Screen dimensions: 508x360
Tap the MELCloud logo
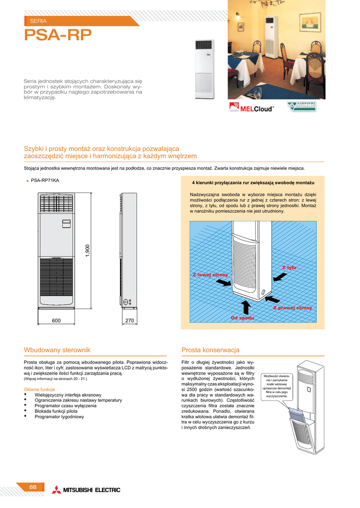pos(252,108)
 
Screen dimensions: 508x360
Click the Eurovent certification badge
pos(302,107)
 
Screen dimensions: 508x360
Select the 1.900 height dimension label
pos(87,251)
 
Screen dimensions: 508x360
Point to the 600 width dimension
pos(56,321)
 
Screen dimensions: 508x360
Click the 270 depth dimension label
pos(130,321)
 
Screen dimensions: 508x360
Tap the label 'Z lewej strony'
pos(210,274)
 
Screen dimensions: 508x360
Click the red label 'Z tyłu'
pos(289,267)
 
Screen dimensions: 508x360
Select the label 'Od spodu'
pos(243,317)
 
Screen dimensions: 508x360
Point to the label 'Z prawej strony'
pos(292,308)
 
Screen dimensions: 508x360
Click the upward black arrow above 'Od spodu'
pos(244,306)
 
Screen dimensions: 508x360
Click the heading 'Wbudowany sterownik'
pos(57,350)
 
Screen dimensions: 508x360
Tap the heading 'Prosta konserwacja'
pos(211,350)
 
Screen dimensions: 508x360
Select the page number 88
pos(33,487)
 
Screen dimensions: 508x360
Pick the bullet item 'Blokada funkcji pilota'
pos(56,411)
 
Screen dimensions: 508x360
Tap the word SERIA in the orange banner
pos(38,21)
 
